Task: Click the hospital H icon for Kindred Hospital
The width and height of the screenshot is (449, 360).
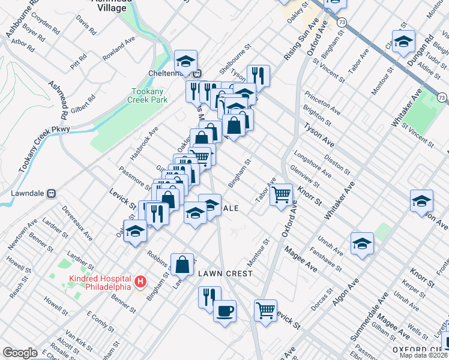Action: pos(140,281)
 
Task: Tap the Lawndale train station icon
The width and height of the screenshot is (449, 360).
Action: pos(52,194)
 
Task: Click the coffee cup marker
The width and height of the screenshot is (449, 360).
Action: pos(224,311)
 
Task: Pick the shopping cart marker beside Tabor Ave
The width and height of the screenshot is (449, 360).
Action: pos(280,194)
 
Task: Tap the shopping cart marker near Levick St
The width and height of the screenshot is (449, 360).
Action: pos(265,310)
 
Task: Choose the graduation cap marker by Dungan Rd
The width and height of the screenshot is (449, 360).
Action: pos(403,41)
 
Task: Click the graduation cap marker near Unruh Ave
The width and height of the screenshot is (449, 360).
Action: pos(362,243)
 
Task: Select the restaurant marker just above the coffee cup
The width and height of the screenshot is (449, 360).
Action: pos(209,296)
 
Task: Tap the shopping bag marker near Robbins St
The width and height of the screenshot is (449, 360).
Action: pos(182,264)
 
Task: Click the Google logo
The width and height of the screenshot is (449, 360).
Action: pos(20,353)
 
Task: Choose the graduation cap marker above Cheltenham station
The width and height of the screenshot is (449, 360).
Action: pos(185,60)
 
